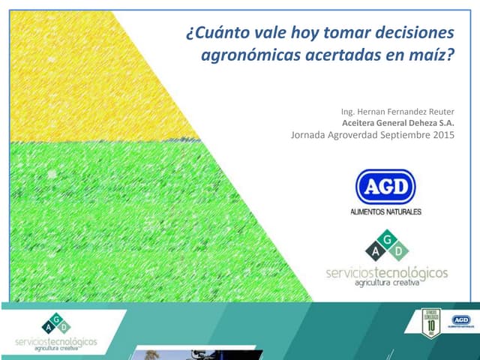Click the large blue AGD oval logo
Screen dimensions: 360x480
pos(385,187)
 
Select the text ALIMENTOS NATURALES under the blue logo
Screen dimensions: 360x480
pos(385,212)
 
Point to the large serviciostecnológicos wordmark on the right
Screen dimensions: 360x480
pos(386,272)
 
